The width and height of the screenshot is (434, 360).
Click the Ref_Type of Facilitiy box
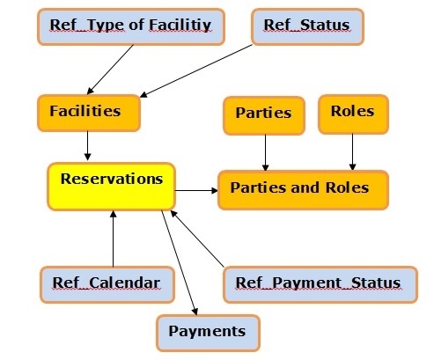[x=131, y=26]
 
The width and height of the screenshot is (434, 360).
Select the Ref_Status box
[x=307, y=26]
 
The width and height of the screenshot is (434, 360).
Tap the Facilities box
[x=89, y=113]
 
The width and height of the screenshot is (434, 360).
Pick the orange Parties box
[x=264, y=115]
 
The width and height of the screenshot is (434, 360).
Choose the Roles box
[x=354, y=114]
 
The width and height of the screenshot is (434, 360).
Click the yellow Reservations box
[x=112, y=187]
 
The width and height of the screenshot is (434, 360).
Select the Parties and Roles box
[x=304, y=190]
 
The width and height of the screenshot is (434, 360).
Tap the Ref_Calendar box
[x=107, y=284]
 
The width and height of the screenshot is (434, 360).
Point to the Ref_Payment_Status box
[x=320, y=284]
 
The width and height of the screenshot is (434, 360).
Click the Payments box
[x=208, y=333]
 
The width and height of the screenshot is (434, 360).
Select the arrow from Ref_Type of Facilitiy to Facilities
[x=110, y=70]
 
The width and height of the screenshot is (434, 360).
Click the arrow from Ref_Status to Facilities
[x=196, y=70]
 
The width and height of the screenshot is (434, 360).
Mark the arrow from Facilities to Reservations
[x=87, y=146]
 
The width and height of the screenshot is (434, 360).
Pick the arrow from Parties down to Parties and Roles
[x=265, y=153]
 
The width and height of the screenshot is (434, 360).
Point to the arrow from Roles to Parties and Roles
[x=353, y=152]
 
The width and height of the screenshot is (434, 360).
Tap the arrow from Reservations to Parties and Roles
[x=196, y=190]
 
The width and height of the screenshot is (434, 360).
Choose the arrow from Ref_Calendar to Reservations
[x=113, y=239]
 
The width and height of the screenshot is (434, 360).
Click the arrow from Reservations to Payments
[x=180, y=263]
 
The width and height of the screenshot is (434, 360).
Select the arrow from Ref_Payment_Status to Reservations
[x=197, y=239]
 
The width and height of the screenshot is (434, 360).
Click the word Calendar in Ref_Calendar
[x=125, y=283]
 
